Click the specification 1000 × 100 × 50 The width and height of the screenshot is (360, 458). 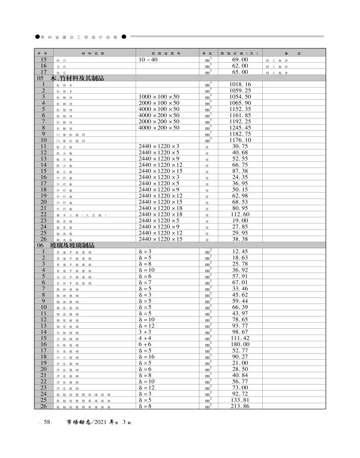(x=158, y=96)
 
